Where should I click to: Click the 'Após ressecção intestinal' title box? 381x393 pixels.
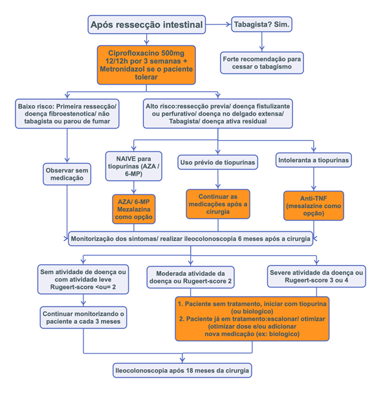[146, 25]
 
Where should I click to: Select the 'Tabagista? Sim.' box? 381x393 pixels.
[261, 25]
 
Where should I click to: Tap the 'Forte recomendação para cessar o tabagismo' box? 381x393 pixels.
[261, 63]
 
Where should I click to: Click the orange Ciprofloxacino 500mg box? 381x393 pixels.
[146, 65]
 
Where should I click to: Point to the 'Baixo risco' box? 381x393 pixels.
[67, 114]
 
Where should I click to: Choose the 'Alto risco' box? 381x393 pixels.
[218, 114]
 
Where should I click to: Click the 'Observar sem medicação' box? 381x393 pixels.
[67, 174]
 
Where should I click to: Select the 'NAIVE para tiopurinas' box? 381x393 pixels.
[134, 166]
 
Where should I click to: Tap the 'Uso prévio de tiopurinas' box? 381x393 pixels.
[218, 162]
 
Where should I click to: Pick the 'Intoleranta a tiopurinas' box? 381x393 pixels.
[314, 160]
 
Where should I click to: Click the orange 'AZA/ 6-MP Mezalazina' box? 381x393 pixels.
[134, 209]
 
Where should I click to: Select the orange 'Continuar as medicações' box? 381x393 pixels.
[218, 204]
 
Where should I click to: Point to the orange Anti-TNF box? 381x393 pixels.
[314, 206]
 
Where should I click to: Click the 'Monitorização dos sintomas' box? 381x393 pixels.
[191, 239]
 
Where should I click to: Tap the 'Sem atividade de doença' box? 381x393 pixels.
[83, 279]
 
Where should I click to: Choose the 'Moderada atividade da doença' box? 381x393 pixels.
[191, 277]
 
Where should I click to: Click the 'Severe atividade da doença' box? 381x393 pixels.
[316, 276]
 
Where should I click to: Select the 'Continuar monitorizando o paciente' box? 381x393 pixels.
[83, 317]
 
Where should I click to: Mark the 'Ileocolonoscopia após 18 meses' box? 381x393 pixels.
[182, 370]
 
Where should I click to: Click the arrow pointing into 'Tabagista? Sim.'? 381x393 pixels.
[218, 25]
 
